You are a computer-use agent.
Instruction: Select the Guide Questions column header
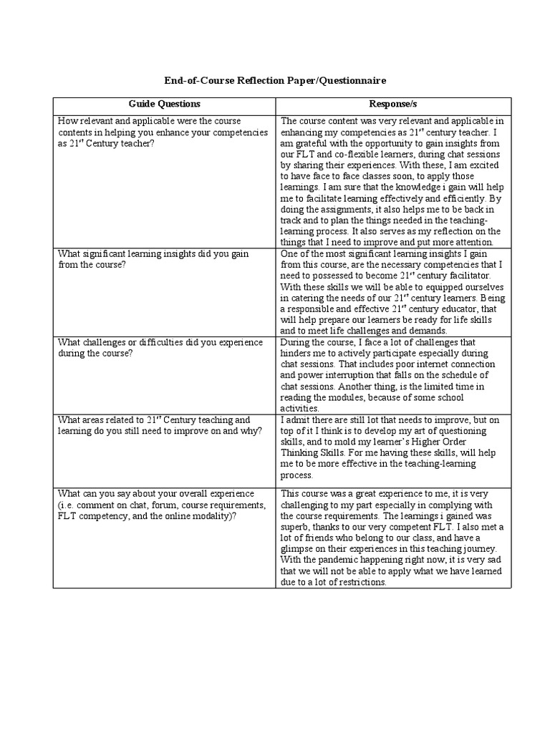(x=164, y=105)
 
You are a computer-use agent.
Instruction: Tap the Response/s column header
(x=393, y=105)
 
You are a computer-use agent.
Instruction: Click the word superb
(x=298, y=527)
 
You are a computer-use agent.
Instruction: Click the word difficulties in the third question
(x=150, y=343)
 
